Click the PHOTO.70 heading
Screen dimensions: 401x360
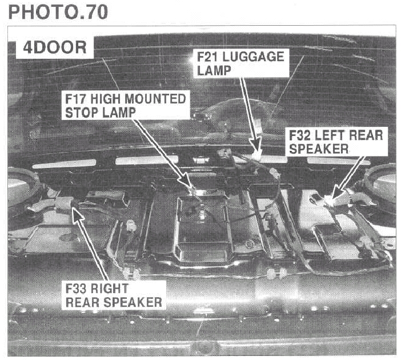coord(58,12)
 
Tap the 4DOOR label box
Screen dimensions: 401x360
coord(55,47)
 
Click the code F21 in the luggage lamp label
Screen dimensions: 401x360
coord(207,57)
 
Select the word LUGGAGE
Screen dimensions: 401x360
coord(253,57)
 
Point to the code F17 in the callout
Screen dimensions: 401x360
coord(75,99)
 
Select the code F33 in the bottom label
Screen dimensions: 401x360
coord(76,289)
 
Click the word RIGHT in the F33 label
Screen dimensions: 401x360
coord(110,289)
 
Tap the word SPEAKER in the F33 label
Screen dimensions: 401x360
coord(133,302)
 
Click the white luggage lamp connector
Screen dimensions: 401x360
coord(256,155)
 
